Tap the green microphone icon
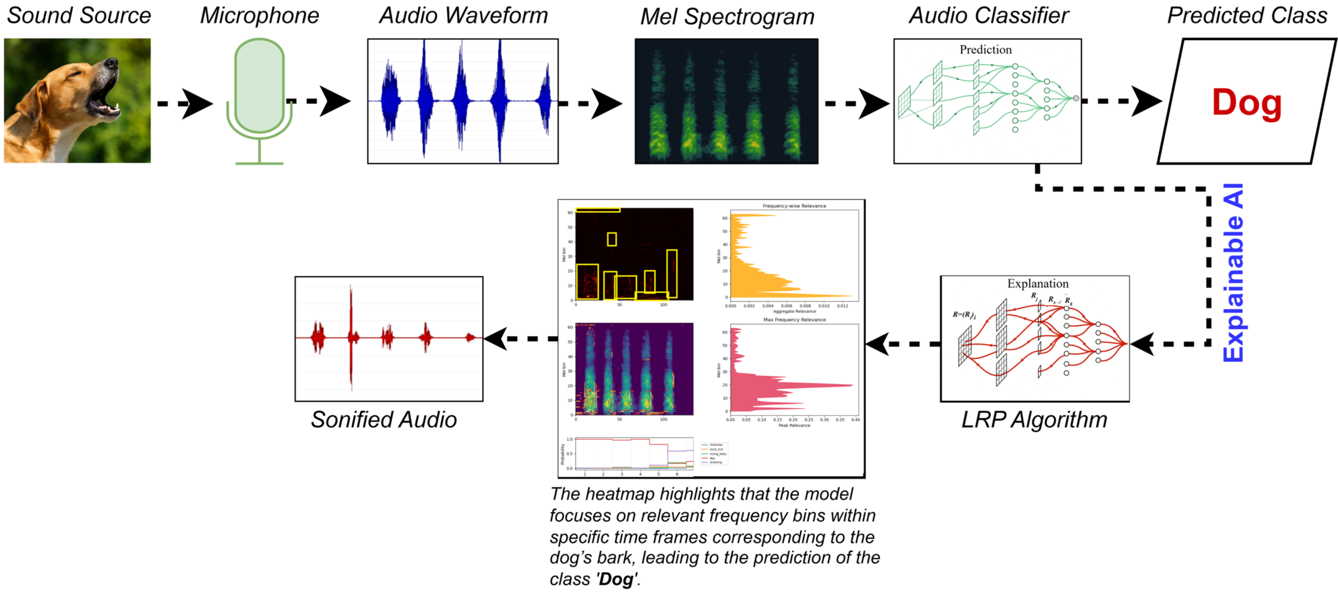pyautogui.click(x=259, y=87)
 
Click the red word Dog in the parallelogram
pyautogui.click(x=1246, y=102)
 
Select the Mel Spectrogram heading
pyautogui.click(x=727, y=17)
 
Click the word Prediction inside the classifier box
pyautogui.click(x=985, y=50)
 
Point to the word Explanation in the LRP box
pyautogui.click(x=1037, y=284)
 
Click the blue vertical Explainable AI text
pyautogui.click(x=1233, y=273)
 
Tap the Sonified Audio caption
pyautogui.click(x=383, y=420)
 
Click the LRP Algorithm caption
pyautogui.click(x=1034, y=420)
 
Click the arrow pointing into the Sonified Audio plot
pyautogui.click(x=519, y=339)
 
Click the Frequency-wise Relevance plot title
pyautogui.click(x=794, y=205)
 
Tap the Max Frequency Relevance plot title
pyautogui.click(x=794, y=320)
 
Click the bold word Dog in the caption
pyautogui.click(x=616, y=580)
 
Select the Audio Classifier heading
pyautogui.click(x=988, y=16)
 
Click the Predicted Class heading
pyautogui.click(x=1247, y=16)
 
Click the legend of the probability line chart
pyautogui.click(x=714, y=453)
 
